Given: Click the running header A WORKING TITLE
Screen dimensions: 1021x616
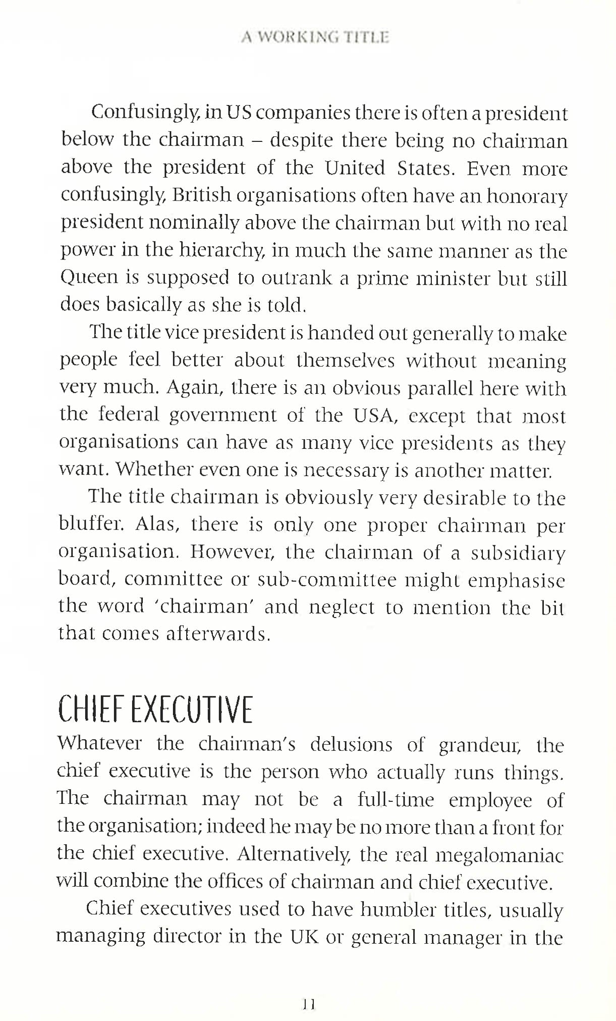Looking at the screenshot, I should coord(315,38).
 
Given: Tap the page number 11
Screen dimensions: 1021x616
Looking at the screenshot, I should coord(309,1004).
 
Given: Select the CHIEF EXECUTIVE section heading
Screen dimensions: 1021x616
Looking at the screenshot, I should coord(155,709).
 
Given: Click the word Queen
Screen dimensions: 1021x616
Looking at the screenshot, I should coord(82,278).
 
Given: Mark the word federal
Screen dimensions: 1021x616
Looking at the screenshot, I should coord(129,415).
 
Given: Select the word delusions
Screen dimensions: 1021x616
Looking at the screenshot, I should coord(351,744).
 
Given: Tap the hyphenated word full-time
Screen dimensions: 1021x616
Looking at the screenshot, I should coord(396,800).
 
